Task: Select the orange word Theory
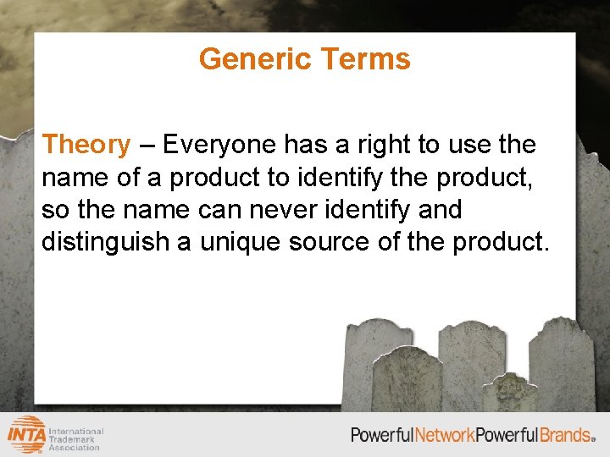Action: click(86, 146)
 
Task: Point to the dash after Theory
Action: click(146, 145)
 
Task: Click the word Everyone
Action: click(219, 146)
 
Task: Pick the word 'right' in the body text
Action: click(383, 146)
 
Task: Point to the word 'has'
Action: click(304, 146)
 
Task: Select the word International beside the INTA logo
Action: click(77, 431)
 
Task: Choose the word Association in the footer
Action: click(75, 448)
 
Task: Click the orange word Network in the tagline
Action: click(444, 435)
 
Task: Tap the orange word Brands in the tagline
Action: click(565, 435)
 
